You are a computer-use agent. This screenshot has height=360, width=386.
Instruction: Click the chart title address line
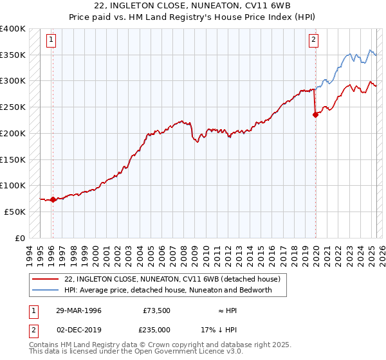click(192, 8)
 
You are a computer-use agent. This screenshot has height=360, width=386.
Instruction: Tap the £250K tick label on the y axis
click(13, 107)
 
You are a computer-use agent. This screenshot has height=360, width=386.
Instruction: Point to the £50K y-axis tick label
click(15, 211)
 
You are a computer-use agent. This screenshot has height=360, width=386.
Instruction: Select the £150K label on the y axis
click(13, 159)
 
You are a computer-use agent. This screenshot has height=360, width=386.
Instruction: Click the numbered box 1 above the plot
click(51, 40)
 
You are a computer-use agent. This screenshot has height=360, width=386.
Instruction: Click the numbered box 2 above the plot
click(313, 40)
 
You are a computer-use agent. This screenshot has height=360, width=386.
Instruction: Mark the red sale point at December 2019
click(316, 115)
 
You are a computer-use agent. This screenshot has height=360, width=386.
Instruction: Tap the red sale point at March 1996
click(53, 199)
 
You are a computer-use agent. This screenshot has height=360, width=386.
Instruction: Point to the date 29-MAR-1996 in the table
click(78, 310)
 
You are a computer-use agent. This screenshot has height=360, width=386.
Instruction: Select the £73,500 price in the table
click(156, 310)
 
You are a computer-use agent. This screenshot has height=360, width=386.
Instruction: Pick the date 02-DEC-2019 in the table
click(78, 329)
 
